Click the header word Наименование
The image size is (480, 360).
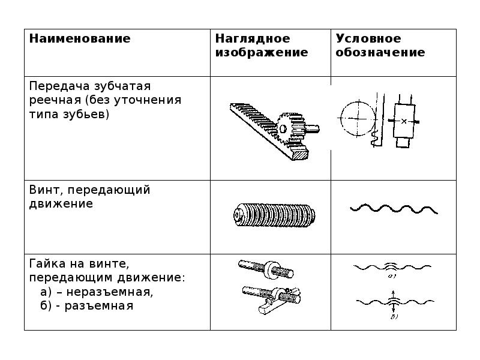click(x=80, y=39)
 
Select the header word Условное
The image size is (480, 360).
click(x=368, y=39)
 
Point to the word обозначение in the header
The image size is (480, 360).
click(x=380, y=53)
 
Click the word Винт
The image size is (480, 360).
click(x=46, y=190)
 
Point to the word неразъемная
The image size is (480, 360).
click(x=113, y=292)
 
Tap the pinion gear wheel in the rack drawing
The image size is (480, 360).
click(x=293, y=128)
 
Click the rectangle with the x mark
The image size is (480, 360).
click(x=404, y=121)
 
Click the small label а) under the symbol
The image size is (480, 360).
click(x=391, y=277)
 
